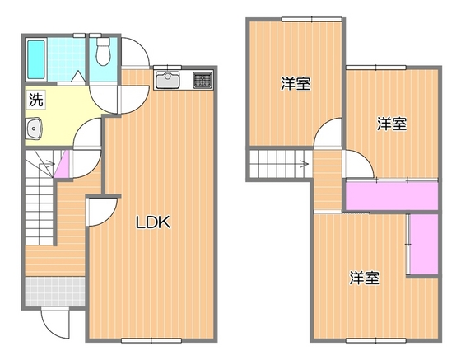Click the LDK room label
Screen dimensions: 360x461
point(152,222)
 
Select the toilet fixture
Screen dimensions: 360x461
point(103,52)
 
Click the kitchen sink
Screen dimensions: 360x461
point(167,81)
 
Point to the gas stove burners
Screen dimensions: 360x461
point(202,81)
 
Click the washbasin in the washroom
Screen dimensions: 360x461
point(35,129)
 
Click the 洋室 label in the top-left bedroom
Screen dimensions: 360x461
point(295,83)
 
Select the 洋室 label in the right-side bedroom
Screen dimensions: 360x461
point(392,124)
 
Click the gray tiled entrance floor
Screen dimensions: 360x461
point(54,291)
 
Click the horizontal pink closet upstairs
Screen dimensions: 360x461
point(391,196)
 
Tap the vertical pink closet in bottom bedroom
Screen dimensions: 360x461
point(424,245)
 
